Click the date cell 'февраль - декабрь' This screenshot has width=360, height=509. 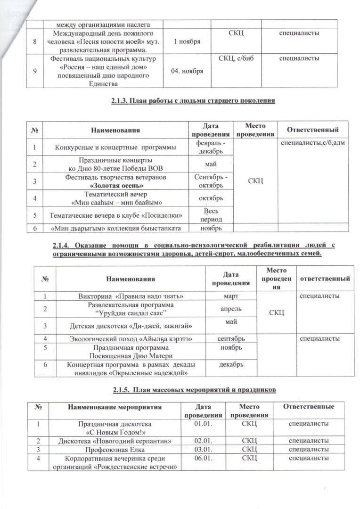tap(211, 147)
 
